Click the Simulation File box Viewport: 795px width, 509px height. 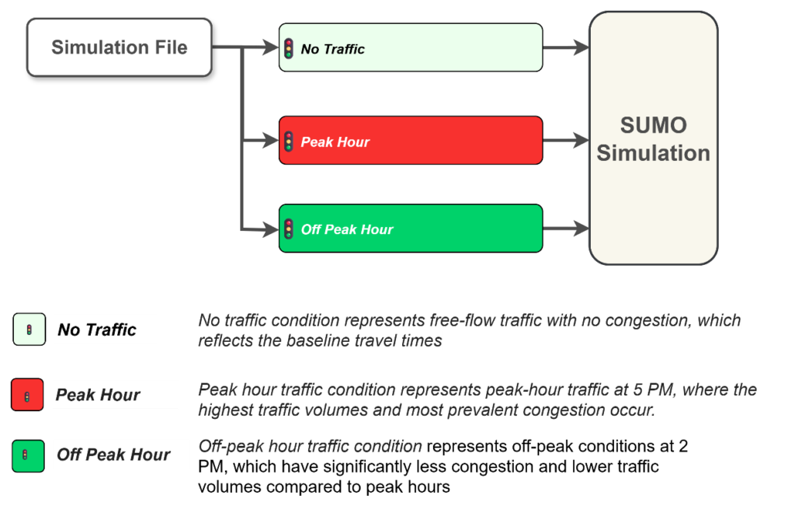tap(119, 47)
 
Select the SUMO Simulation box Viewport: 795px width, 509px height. tap(653, 138)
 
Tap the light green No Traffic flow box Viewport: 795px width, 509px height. tap(410, 47)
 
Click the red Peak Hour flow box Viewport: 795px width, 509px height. tap(410, 141)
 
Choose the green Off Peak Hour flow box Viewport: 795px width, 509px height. tap(410, 228)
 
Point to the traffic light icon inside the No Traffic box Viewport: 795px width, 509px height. tap(289, 48)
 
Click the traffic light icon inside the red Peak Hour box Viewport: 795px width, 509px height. tap(289, 141)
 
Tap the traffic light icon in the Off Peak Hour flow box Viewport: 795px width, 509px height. tap(289, 229)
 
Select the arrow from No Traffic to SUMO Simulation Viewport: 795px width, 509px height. tap(565, 48)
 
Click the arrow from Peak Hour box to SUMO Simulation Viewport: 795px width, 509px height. tap(565, 141)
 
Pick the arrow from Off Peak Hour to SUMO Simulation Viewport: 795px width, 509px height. tap(565, 228)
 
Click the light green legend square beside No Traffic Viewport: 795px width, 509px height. tap(29, 329)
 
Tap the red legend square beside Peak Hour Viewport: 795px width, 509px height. tap(27, 395)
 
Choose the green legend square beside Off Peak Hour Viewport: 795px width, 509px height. tap(27, 455)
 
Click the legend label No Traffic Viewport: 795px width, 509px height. tap(97, 329)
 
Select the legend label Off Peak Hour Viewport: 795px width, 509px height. tap(113, 455)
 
